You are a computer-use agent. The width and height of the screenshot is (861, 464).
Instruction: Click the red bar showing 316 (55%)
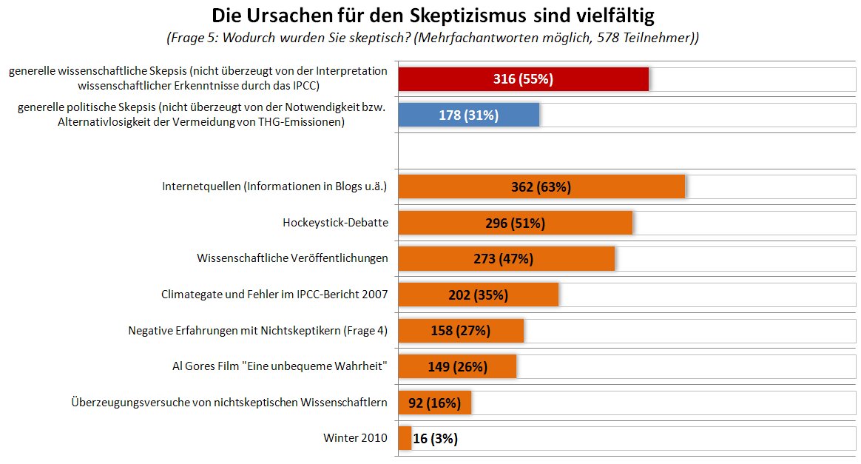click(x=523, y=79)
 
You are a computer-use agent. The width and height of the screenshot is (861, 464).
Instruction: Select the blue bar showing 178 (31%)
click(x=468, y=115)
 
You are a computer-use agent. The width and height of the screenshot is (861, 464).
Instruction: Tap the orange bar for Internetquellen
click(x=541, y=186)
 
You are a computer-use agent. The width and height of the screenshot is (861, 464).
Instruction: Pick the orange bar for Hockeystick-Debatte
click(x=515, y=223)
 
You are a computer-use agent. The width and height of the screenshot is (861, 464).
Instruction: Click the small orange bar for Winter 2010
click(x=405, y=438)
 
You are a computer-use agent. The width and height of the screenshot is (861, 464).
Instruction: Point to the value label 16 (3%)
click(x=435, y=438)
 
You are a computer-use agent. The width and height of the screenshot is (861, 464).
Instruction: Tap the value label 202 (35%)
click(x=478, y=295)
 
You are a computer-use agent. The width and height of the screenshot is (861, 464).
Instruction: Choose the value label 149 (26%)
click(x=457, y=366)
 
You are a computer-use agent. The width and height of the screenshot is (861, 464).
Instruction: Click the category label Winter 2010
click(x=355, y=438)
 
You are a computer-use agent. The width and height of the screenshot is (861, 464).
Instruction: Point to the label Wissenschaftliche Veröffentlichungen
click(x=292, y=258)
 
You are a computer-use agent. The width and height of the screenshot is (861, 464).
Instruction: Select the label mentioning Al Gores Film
click(x=280, y=366)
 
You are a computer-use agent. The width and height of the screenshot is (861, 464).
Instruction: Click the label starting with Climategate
click(x=274, y=295)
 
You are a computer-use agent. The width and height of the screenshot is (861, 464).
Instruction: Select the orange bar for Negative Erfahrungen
click(x=461, y=331)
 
